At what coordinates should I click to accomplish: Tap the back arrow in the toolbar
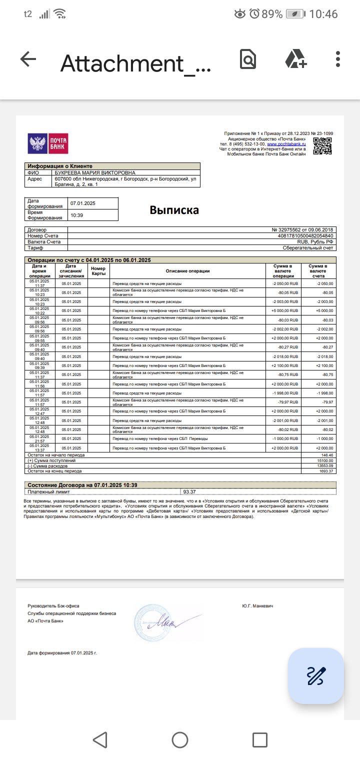point(28,59)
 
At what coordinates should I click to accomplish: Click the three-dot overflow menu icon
point(338,59)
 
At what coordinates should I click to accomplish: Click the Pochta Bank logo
point(47,144)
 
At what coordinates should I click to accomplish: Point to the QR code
point(322,146)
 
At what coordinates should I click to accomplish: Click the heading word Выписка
point(174,210)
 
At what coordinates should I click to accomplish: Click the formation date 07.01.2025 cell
point(83,203)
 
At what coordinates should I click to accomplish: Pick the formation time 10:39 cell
point(77,215)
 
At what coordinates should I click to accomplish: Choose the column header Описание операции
point(187,271)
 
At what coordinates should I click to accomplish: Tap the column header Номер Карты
point(98,271)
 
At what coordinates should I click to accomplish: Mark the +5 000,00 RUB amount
point(284,310)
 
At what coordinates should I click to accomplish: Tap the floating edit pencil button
point(316,675)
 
